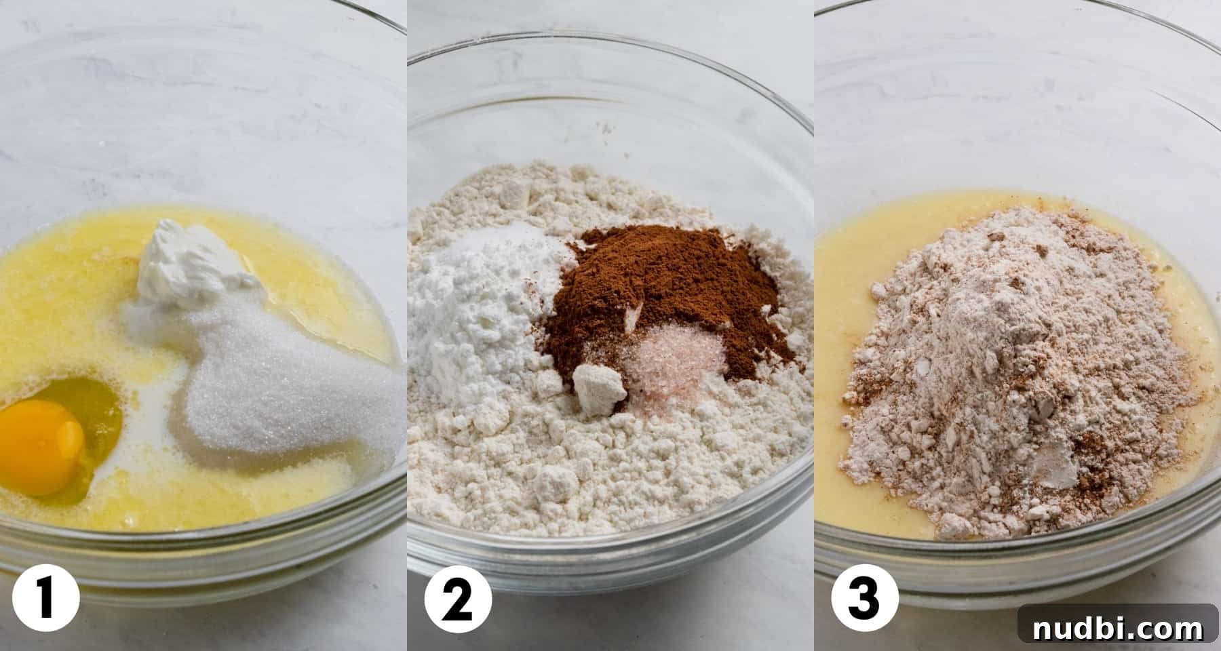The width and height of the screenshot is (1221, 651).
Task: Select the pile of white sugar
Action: click(x=271, y=380)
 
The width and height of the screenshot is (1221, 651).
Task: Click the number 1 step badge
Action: click(x=45, y=598)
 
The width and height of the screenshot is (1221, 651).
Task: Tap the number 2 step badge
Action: click(x=458, y=598)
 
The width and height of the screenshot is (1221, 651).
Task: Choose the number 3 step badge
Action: click(x=865, y=598)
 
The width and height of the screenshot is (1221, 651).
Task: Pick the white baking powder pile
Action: click(x=482, y=312)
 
